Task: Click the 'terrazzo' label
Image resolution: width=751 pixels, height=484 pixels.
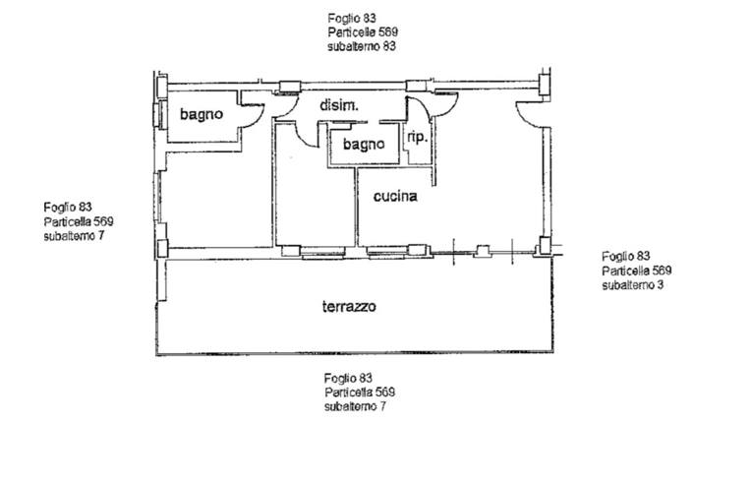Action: pos(349,306)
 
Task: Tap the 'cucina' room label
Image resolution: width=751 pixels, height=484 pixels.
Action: pos(395,196)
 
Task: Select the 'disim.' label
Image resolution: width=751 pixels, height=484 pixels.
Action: pos(338,105)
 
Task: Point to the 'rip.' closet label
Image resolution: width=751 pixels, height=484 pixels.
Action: pos(417,138)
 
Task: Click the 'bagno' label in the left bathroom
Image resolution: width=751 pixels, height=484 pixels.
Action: pos(202,114)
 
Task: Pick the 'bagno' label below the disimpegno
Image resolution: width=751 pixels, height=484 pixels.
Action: pos(364,145)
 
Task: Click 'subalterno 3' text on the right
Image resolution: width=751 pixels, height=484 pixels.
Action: pos(633,285)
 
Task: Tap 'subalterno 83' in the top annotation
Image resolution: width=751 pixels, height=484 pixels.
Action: pos(362,46)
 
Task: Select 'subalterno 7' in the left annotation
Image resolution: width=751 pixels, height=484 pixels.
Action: pos(74,236)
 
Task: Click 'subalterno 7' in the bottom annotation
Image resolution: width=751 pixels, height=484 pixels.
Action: pos(355,407)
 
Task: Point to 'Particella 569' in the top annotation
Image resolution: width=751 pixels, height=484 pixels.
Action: pos(363,32)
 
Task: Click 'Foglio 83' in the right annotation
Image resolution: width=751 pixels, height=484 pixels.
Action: pos(626,256)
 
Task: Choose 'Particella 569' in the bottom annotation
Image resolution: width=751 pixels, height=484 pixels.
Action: pos(360,393)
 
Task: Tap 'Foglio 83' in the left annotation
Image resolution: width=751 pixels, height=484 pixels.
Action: pos(68,207)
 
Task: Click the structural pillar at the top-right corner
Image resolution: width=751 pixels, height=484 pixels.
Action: pos(545,85)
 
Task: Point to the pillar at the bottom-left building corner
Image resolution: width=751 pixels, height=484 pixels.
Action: pos(162,248)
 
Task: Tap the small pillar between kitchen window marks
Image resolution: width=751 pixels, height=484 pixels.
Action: pos(483,251)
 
